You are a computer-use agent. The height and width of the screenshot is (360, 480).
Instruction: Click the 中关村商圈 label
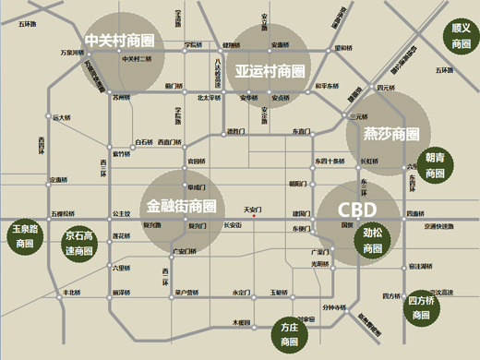tap(119, 42)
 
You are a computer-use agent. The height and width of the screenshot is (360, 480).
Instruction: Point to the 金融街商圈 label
tap(182, 205)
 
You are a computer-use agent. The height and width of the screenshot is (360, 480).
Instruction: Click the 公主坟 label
tap(121, 213)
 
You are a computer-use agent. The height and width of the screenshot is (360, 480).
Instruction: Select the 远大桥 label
tap(62, 118)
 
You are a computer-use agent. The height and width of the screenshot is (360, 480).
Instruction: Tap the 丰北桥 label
tap(71, 293)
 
